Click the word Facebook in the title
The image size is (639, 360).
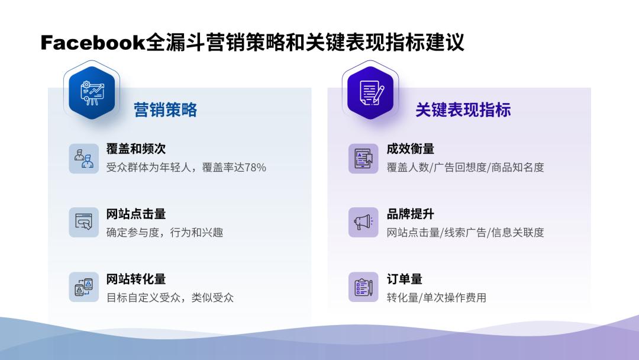tap(93, 43)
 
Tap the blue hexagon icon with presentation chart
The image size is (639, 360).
tap(92, 93)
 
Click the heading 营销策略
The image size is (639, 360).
tap(165, 110)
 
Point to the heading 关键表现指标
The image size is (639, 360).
tap(463, 110)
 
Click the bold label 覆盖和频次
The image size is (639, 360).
tap(136, 149)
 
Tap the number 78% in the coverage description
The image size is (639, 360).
tap(255, 168)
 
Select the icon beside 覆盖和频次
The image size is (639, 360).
tap(83, 158)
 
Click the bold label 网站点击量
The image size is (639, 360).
tap(136, 214)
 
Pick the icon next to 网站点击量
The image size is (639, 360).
tap(83, 223)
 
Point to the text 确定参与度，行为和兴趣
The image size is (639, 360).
tap(164, 233)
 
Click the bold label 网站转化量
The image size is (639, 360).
tap(136, 279)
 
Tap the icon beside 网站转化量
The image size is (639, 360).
tap(83, 287)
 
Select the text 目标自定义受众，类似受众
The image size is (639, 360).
tap(170, 298)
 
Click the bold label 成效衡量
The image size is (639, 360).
tap(411, 149)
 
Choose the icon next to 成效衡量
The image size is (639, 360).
tap(363, 158)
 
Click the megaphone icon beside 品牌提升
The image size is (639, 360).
tap(363, 223)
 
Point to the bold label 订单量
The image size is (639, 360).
tap(405, 279)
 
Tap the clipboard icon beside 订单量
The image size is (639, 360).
tap(363, 287)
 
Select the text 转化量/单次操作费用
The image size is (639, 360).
tap(437, 298)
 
